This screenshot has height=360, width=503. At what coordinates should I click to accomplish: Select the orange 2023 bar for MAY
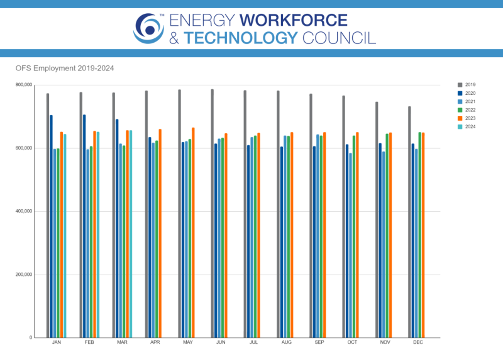(193, 232)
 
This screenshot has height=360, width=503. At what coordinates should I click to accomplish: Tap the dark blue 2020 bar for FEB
(84, 226)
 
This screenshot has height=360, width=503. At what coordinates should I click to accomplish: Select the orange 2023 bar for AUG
(292, 235)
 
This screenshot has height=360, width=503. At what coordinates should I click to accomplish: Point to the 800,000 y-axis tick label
(23, 85)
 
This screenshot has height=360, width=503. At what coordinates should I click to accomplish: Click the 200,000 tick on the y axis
(23, 275)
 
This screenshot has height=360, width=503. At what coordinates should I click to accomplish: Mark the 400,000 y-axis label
(23, 211)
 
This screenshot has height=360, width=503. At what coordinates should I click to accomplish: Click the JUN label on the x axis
(220, 343)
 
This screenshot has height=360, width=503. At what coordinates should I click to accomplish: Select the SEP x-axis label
(319, 343)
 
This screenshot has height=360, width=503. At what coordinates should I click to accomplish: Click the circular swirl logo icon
(148, 28)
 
